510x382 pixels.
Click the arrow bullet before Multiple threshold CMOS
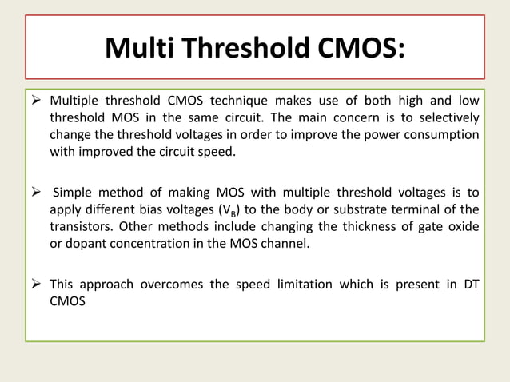coord(37,101)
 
